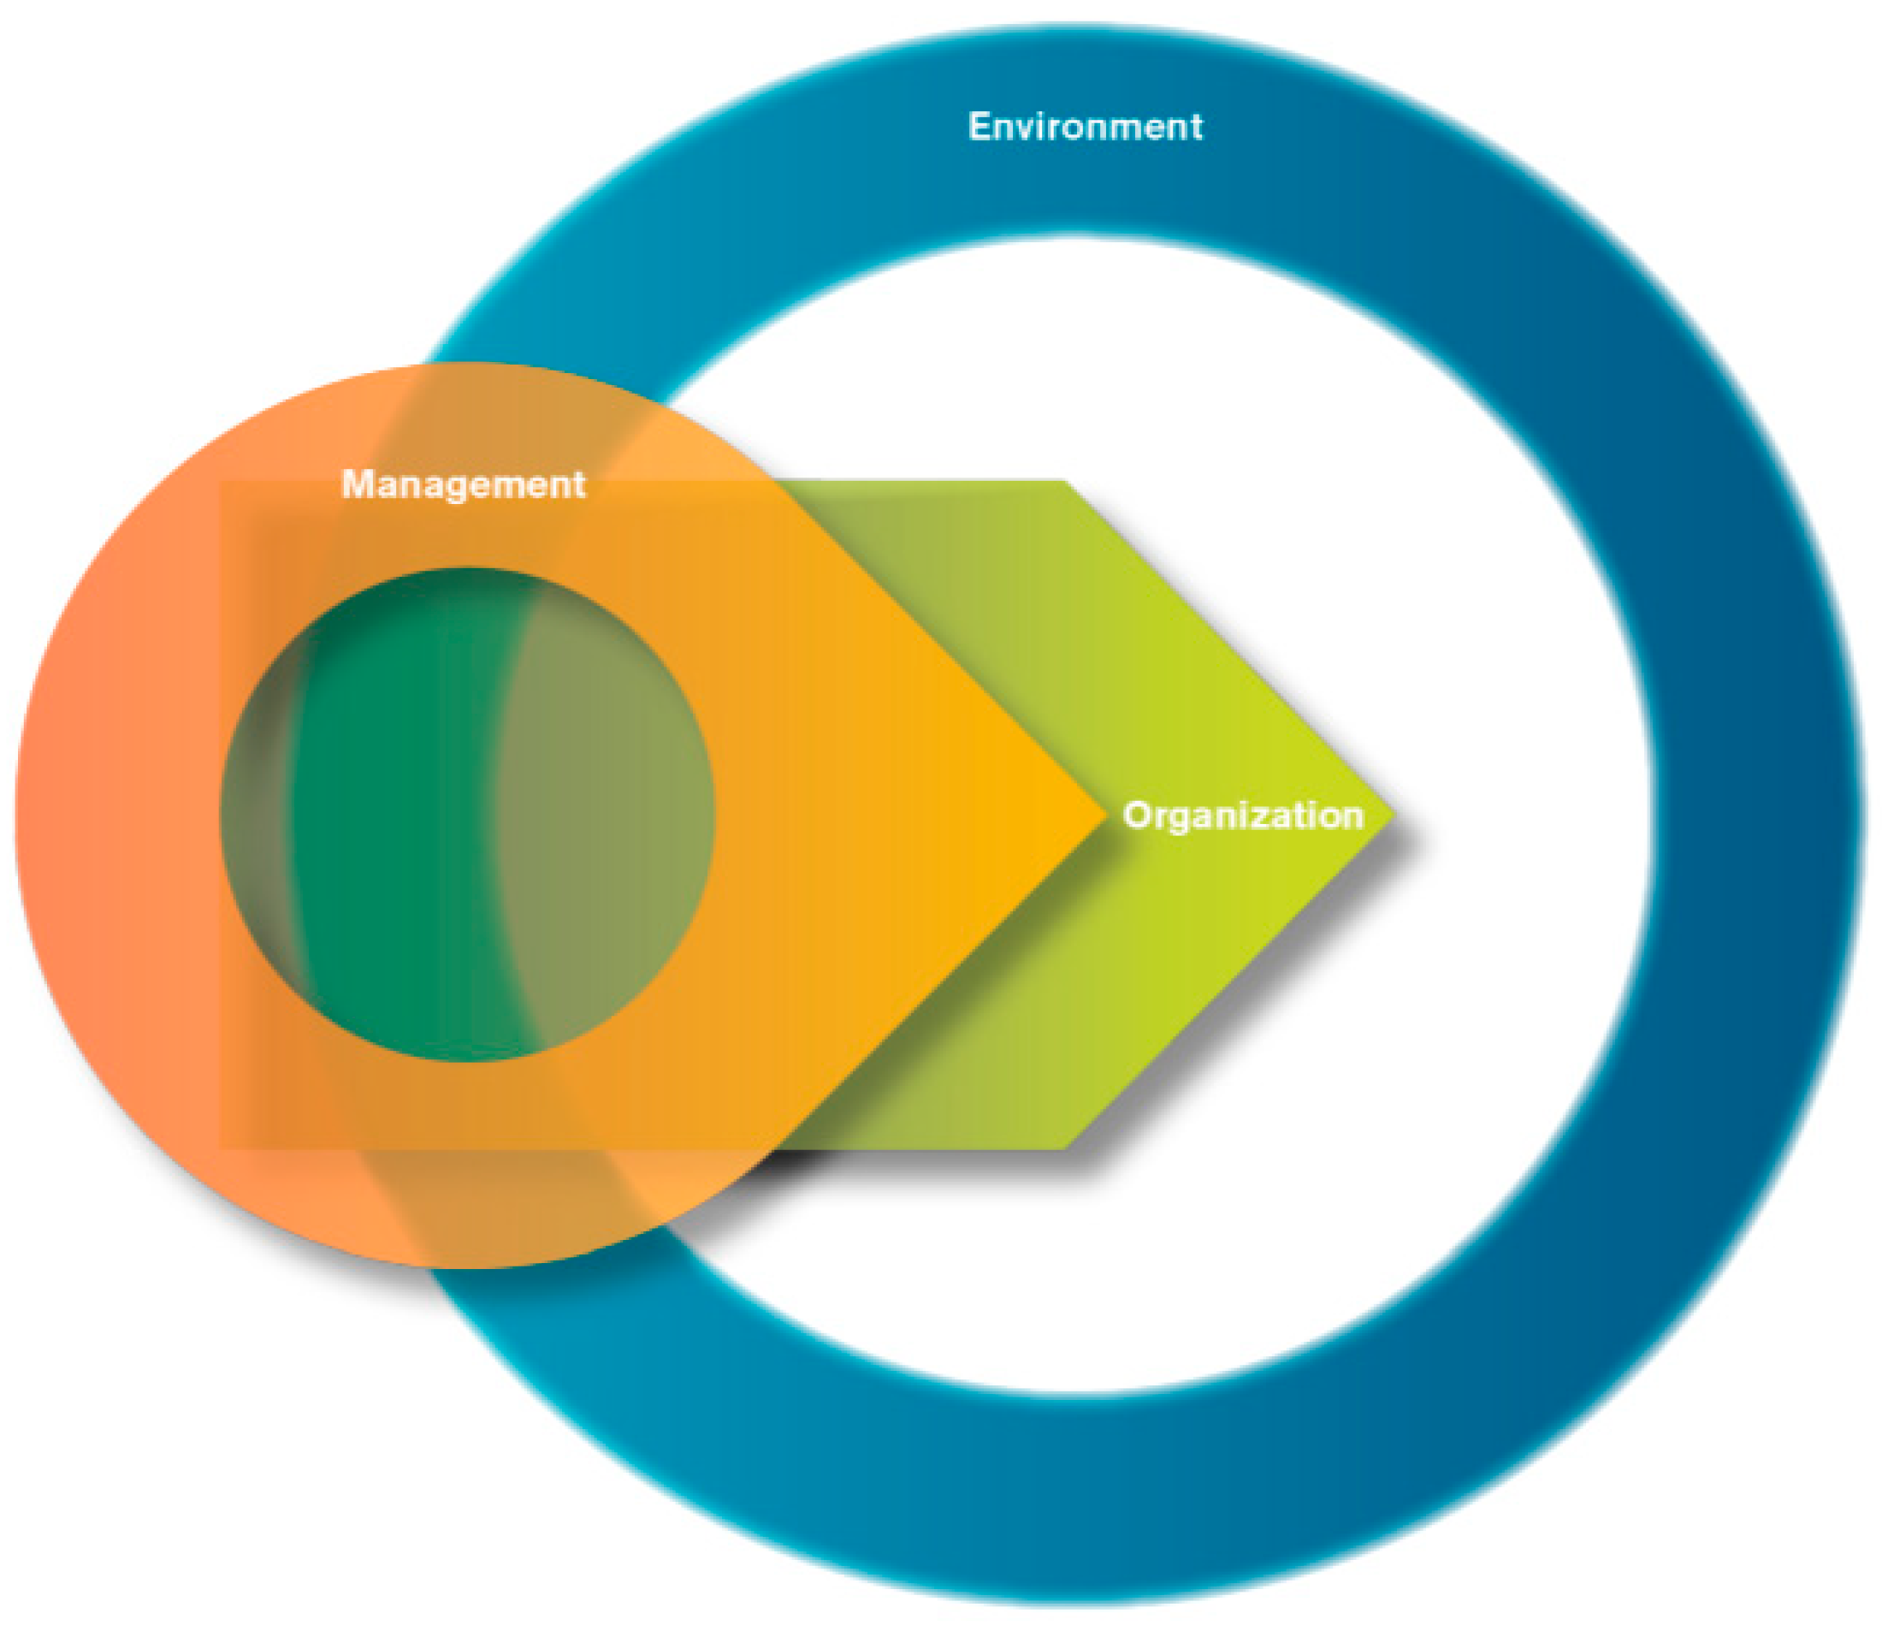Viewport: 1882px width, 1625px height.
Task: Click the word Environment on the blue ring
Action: coord(1085,127)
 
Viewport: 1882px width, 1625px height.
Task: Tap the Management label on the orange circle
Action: coord(464,484)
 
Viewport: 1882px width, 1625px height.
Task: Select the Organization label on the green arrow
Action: coord(1243,815)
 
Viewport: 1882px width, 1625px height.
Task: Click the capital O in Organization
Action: coord(1136,815)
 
